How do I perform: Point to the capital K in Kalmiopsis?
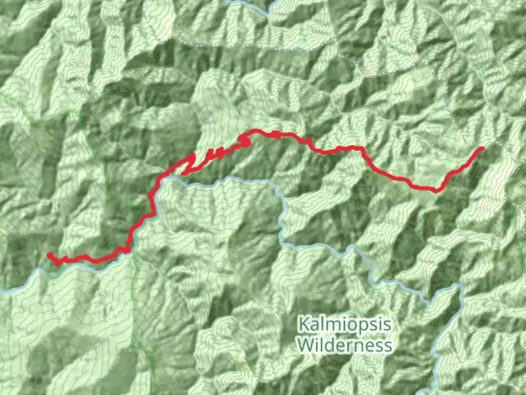pyautogui.click(x=303, y=324)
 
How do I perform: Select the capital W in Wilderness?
pyautogui.click(x=305, y=345)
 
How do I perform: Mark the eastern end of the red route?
pyautogui.click(x=482, y=148)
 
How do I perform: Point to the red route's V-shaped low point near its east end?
pyautogui.click(x=437, y=190)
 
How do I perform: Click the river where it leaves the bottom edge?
pyautogui.click(x=431, y=391)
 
